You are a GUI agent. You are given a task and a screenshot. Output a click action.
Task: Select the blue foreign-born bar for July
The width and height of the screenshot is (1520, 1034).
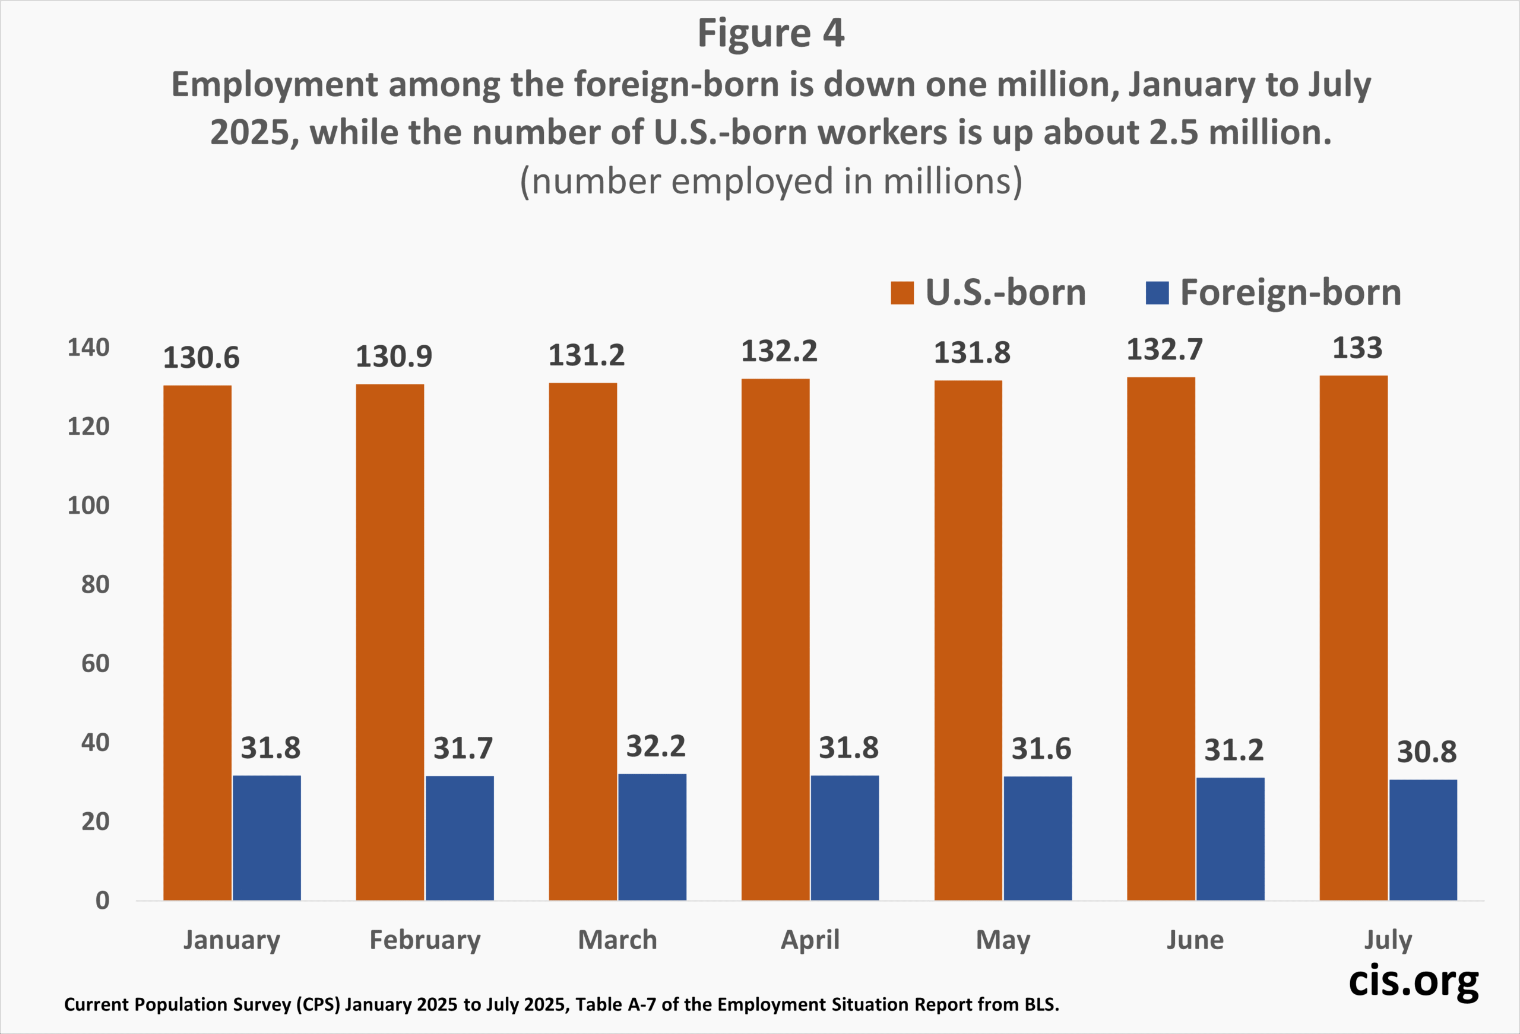[1423, 839]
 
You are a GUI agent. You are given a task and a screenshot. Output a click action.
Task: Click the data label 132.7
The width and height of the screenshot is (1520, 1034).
[1164, 349]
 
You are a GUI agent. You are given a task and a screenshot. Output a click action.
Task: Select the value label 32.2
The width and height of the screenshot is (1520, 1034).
[655, 746]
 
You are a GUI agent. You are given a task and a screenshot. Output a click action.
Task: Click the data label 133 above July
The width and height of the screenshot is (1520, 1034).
[1357, 348]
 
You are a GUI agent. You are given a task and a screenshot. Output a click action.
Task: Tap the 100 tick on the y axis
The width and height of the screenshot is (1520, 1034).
[88, 506]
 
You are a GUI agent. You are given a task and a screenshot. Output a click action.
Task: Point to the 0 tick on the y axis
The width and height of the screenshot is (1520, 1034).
[102, 901]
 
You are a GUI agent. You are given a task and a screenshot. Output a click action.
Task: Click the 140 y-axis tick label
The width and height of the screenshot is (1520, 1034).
[88, 348]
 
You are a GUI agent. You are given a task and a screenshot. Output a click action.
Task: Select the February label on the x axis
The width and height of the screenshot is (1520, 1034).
[425, 940]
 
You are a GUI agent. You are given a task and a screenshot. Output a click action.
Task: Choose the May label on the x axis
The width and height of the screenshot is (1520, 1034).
[1003, 940]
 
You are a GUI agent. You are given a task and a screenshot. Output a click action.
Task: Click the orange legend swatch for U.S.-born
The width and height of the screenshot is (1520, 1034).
[902, 293]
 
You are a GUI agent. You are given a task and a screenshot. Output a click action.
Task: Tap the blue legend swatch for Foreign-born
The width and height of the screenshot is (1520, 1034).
[1157, 293]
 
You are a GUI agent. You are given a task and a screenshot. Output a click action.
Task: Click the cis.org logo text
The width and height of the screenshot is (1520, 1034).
[1413, 981]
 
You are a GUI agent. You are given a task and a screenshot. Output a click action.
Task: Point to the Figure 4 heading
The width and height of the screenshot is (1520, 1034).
[771, 33]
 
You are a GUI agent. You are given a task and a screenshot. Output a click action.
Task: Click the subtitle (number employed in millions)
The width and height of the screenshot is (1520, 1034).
[771, 181]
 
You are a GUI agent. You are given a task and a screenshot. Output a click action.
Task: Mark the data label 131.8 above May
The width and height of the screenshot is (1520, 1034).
[971, 353]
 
